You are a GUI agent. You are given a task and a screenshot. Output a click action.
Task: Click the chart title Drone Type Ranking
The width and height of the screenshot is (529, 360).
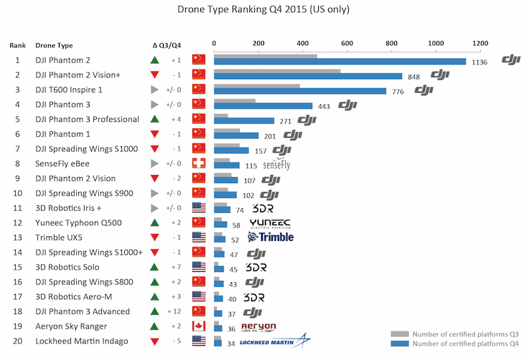(264, 12)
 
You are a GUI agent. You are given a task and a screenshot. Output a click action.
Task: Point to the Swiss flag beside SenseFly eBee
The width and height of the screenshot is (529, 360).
(199, 164)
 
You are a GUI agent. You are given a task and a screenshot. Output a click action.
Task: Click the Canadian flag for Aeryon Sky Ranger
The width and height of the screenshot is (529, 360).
(199, 326)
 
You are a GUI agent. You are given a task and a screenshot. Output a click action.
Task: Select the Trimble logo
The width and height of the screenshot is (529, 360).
(270, 237)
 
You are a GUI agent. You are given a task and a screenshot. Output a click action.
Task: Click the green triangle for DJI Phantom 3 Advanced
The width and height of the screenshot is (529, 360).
(154, 311)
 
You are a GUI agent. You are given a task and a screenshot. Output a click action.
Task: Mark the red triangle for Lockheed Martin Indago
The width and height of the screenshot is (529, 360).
(154, 341)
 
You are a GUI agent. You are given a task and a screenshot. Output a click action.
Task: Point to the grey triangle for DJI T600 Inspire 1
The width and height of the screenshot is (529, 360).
(154, 90)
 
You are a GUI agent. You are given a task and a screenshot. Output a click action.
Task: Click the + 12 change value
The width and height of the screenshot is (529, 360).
(175, 311)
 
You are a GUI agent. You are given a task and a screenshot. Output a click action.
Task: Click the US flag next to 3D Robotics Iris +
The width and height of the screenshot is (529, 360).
(199, 208)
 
